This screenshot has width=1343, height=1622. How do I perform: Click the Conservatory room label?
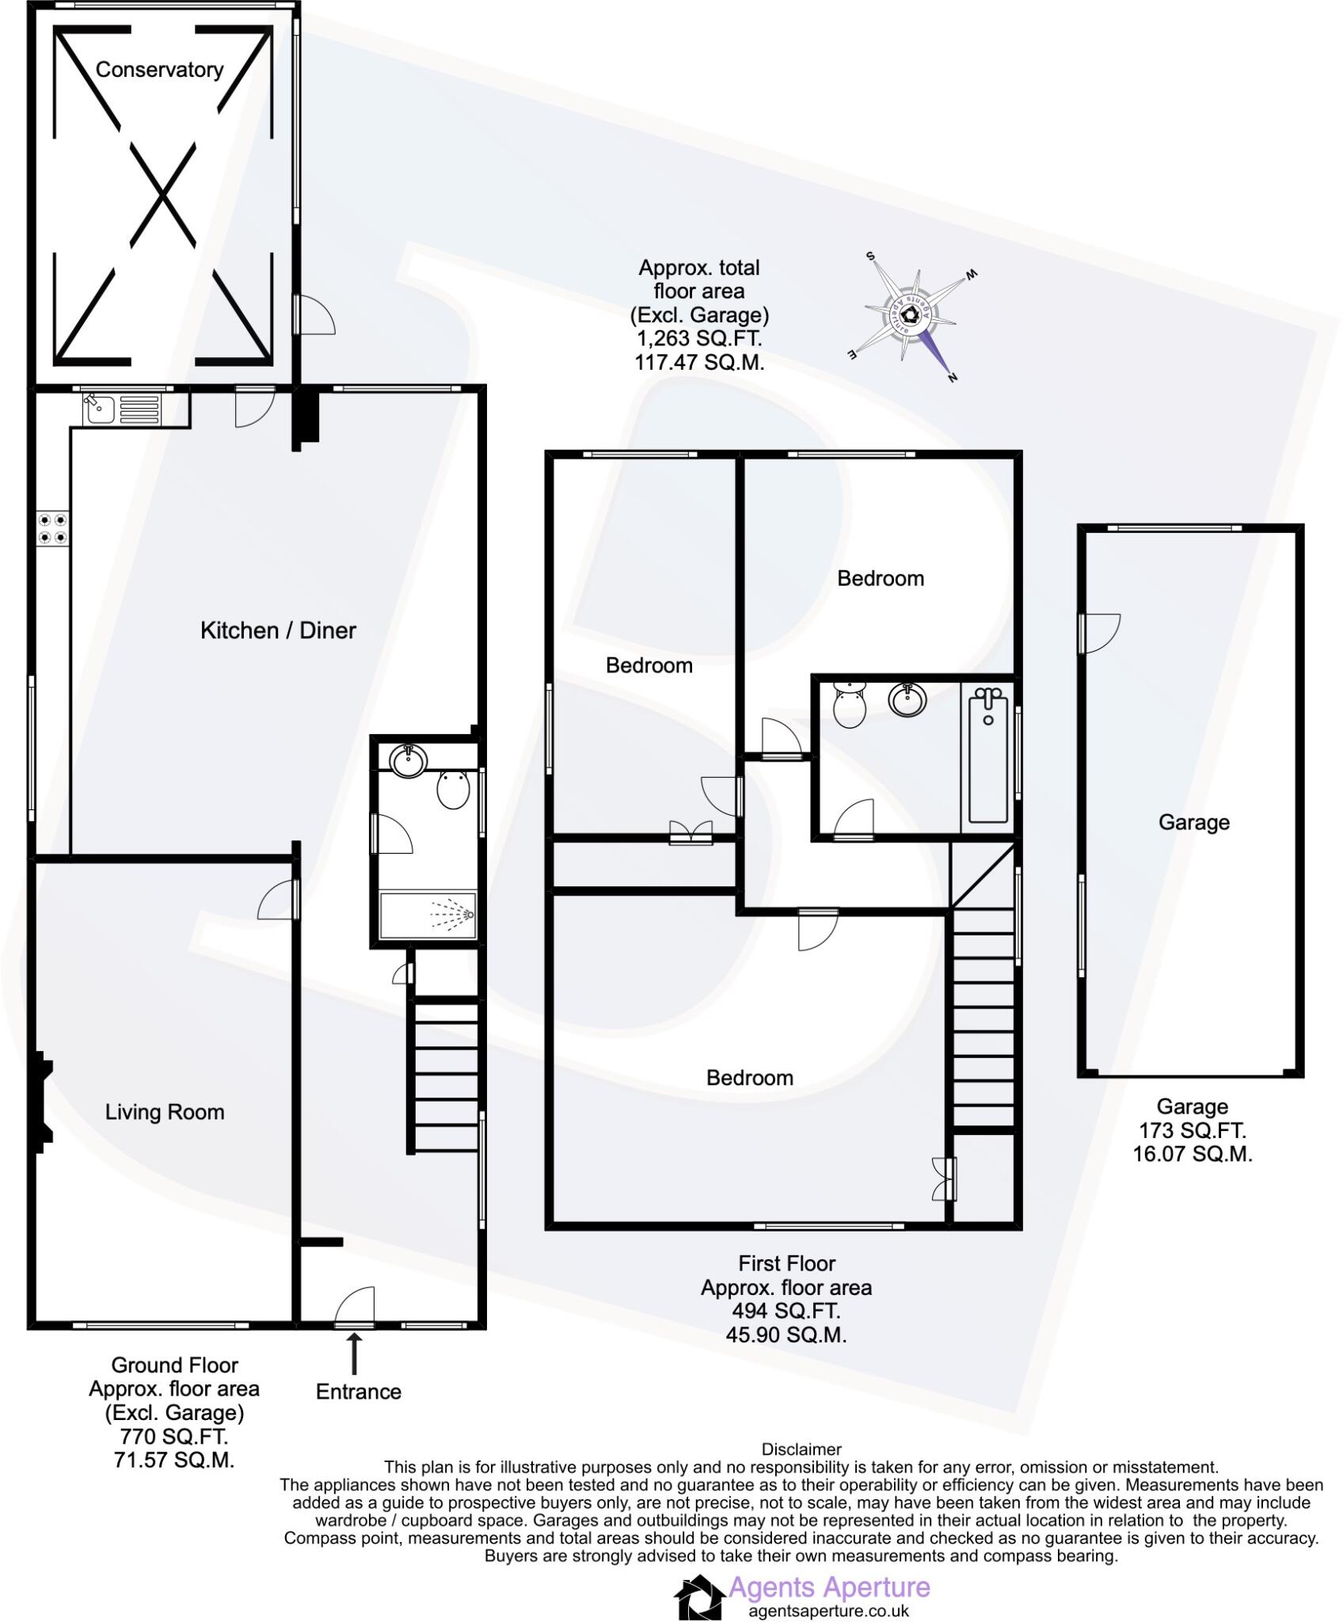[x=159, y=70]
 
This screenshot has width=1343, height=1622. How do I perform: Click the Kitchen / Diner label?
[x=278, y=630]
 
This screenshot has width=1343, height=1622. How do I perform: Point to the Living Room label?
[x=165, y=1112]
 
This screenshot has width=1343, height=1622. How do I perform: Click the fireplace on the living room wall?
[x=42, y=1102]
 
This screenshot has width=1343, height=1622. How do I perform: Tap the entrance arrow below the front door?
[x=354, y=1354]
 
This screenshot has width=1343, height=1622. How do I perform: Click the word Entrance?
[x=358, y=1392]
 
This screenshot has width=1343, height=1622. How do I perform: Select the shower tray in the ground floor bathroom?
[x=428, y=915]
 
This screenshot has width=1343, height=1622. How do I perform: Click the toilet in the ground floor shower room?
[x=454, y=790]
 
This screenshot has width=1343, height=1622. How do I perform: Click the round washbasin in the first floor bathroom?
[x=907, y=699]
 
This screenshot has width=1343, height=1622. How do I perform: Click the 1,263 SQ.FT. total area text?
[x=699, y=339]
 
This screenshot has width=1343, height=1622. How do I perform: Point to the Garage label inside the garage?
[x=1193, y=822]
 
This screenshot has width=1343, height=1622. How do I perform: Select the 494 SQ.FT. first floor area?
[x=786, y=1311]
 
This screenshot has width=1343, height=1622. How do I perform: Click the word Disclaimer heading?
[x=801, y=1449]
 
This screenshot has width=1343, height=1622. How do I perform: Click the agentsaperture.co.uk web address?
[x=828, y=1611]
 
